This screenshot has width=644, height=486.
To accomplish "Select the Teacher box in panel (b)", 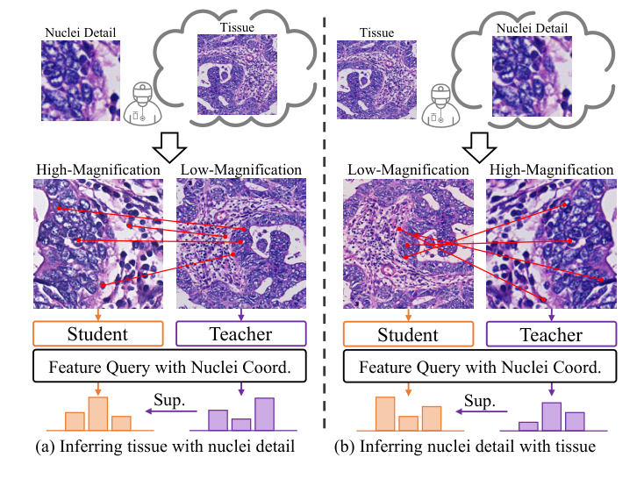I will point(551,334).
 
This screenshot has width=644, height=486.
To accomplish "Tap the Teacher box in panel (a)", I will point(240,333).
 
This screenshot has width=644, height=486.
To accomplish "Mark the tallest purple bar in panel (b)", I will point(551,417).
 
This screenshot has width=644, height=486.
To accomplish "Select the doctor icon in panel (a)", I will point(137,104).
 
